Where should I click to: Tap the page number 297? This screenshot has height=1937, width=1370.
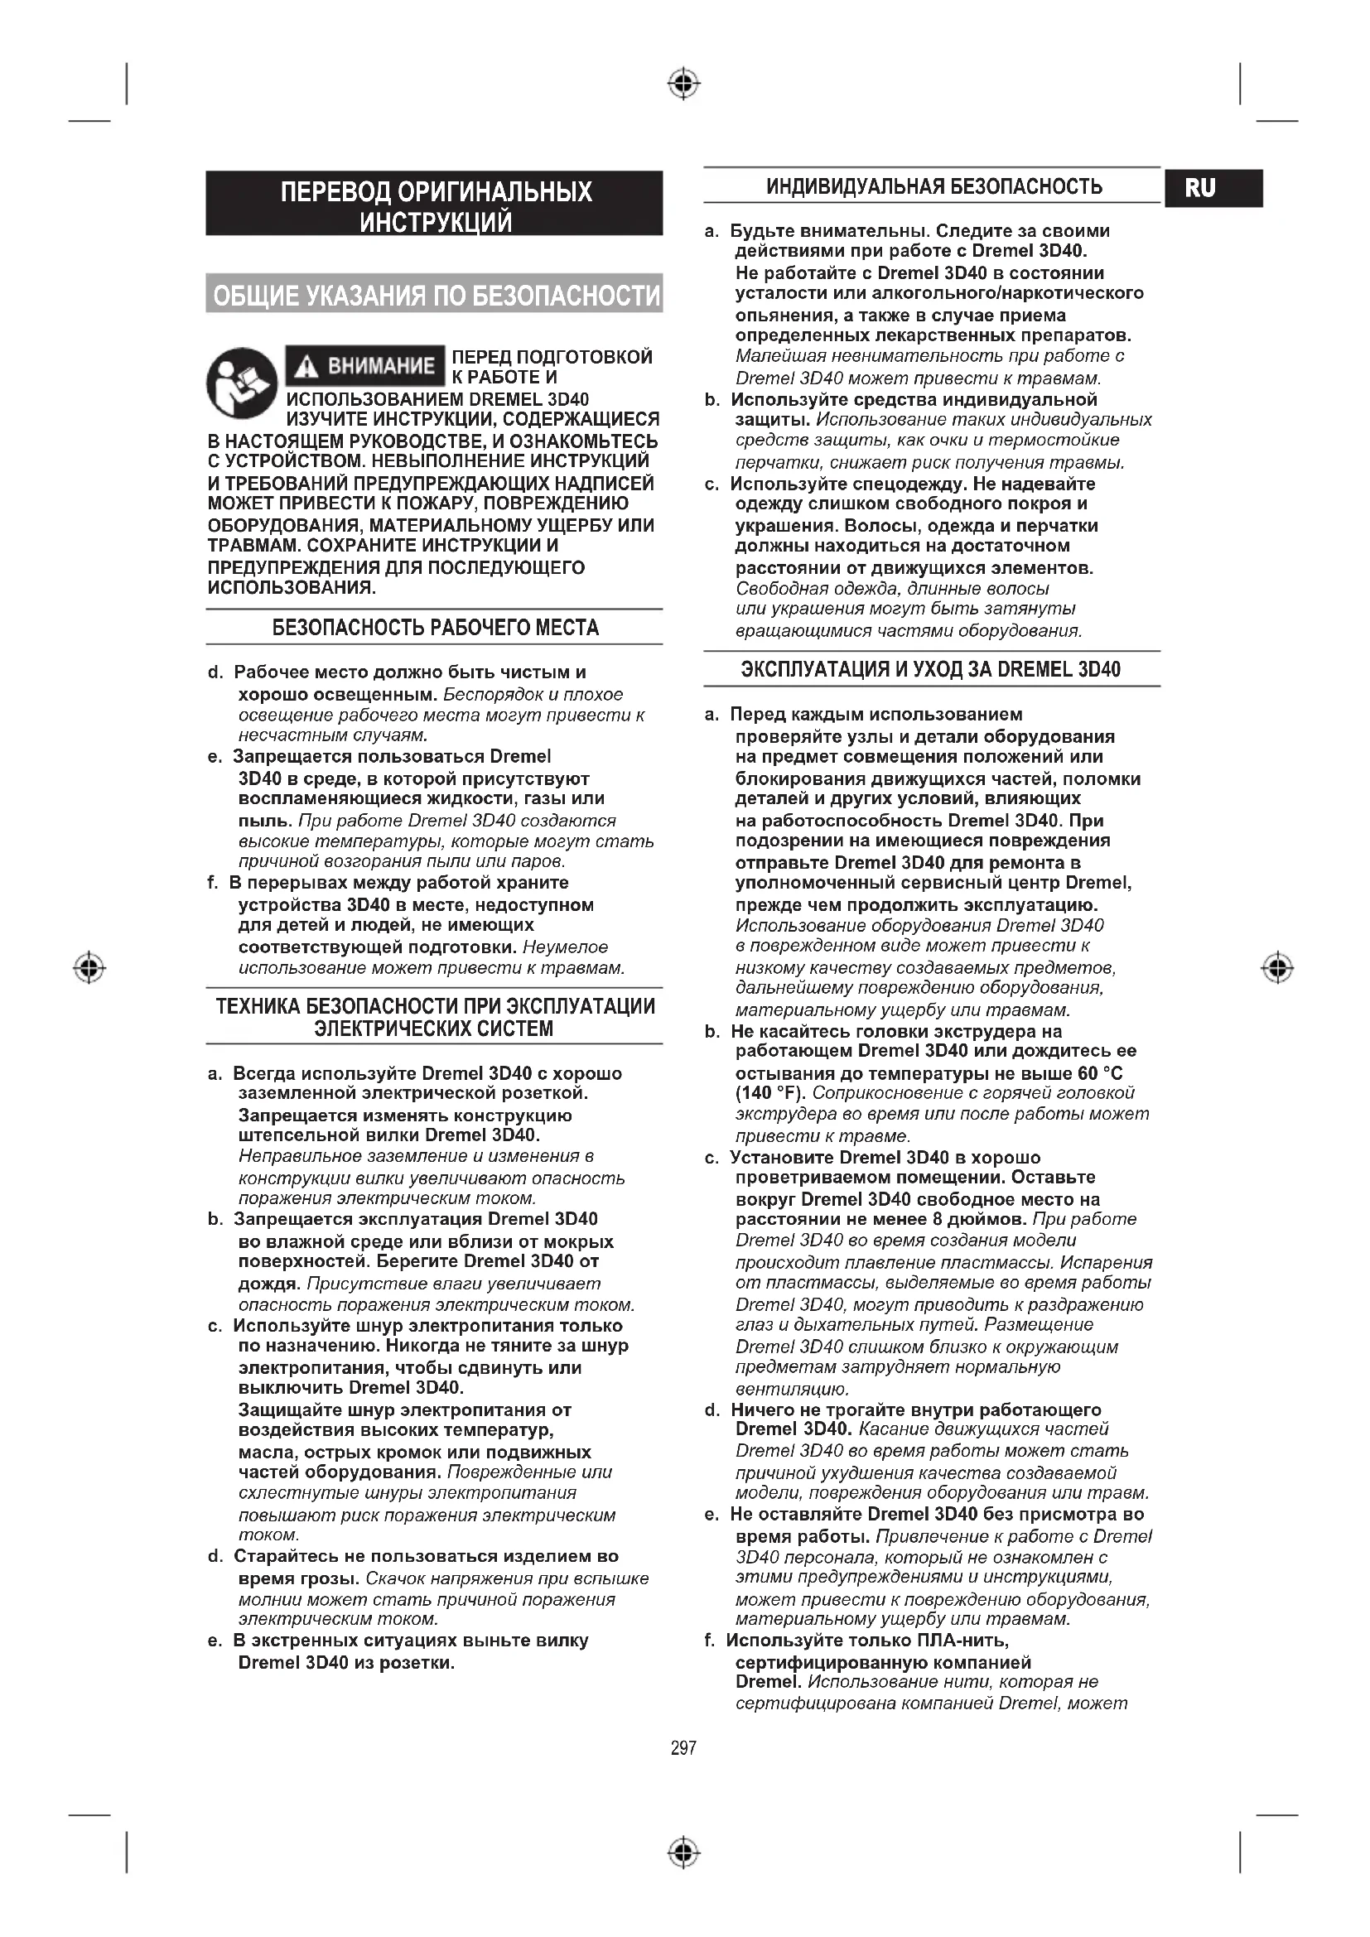tap(683, 1748)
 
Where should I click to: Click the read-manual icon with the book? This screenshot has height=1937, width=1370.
tap(241, 383)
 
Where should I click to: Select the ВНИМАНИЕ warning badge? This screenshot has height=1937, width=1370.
tap(364, 366)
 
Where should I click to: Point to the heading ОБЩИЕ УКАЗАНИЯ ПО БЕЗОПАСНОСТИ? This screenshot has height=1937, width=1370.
tap(435, 296)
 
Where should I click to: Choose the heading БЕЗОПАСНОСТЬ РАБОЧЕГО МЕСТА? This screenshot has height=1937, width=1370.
tap(435, 628)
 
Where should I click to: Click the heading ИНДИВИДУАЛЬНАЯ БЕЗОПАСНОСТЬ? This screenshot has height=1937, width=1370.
tap(933, 186)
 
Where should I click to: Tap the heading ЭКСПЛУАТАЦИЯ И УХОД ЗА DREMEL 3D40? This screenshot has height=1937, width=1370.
tap(931, 670)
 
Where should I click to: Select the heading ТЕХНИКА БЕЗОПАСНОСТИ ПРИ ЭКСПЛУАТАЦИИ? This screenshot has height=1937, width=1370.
tap(435, 1006)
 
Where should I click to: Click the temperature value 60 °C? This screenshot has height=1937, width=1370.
tap(1100, 1073)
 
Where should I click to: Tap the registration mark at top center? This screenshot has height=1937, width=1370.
tap(684, 84)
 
